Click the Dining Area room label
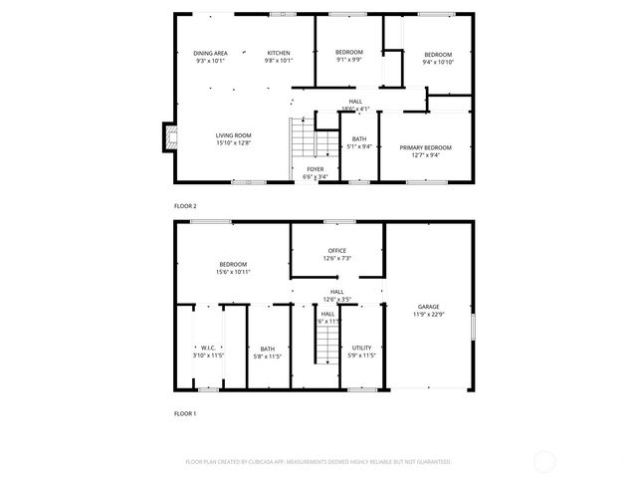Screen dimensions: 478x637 click(x=209, y=53)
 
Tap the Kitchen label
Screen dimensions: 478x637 click(x=278, y=53)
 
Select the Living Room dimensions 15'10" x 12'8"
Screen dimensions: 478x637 click(x=234, y=143)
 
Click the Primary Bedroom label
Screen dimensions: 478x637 click(x=425, y=147)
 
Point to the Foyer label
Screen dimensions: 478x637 click(x=315, y=169)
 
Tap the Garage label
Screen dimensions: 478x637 click(x=429, y=307)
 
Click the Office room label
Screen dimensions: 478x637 click(x=337, y=250)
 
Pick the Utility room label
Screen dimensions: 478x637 click(x=361, y=347)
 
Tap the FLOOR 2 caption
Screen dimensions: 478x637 click(x=185, y=205)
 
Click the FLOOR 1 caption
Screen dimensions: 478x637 click(x=185, y=412)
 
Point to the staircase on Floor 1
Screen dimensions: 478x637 click(x=325, y=347)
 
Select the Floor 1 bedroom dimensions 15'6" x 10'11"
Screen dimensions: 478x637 click(x=233, y=271)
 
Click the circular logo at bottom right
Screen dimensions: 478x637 click(x=545, y=461)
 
